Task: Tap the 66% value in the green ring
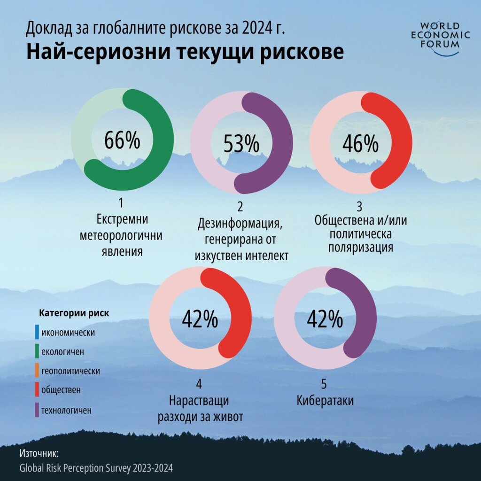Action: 122,140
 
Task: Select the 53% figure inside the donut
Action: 241,144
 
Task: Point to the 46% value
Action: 360,144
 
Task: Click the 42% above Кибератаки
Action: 325,319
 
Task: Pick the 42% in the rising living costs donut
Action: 200,319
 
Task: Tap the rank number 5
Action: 324,384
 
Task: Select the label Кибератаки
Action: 325,401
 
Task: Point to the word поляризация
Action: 361,247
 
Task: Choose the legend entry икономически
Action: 68,333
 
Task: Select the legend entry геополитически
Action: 70,371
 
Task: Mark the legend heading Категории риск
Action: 74,313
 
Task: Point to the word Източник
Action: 39,454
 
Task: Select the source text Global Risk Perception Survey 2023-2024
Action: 96,468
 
